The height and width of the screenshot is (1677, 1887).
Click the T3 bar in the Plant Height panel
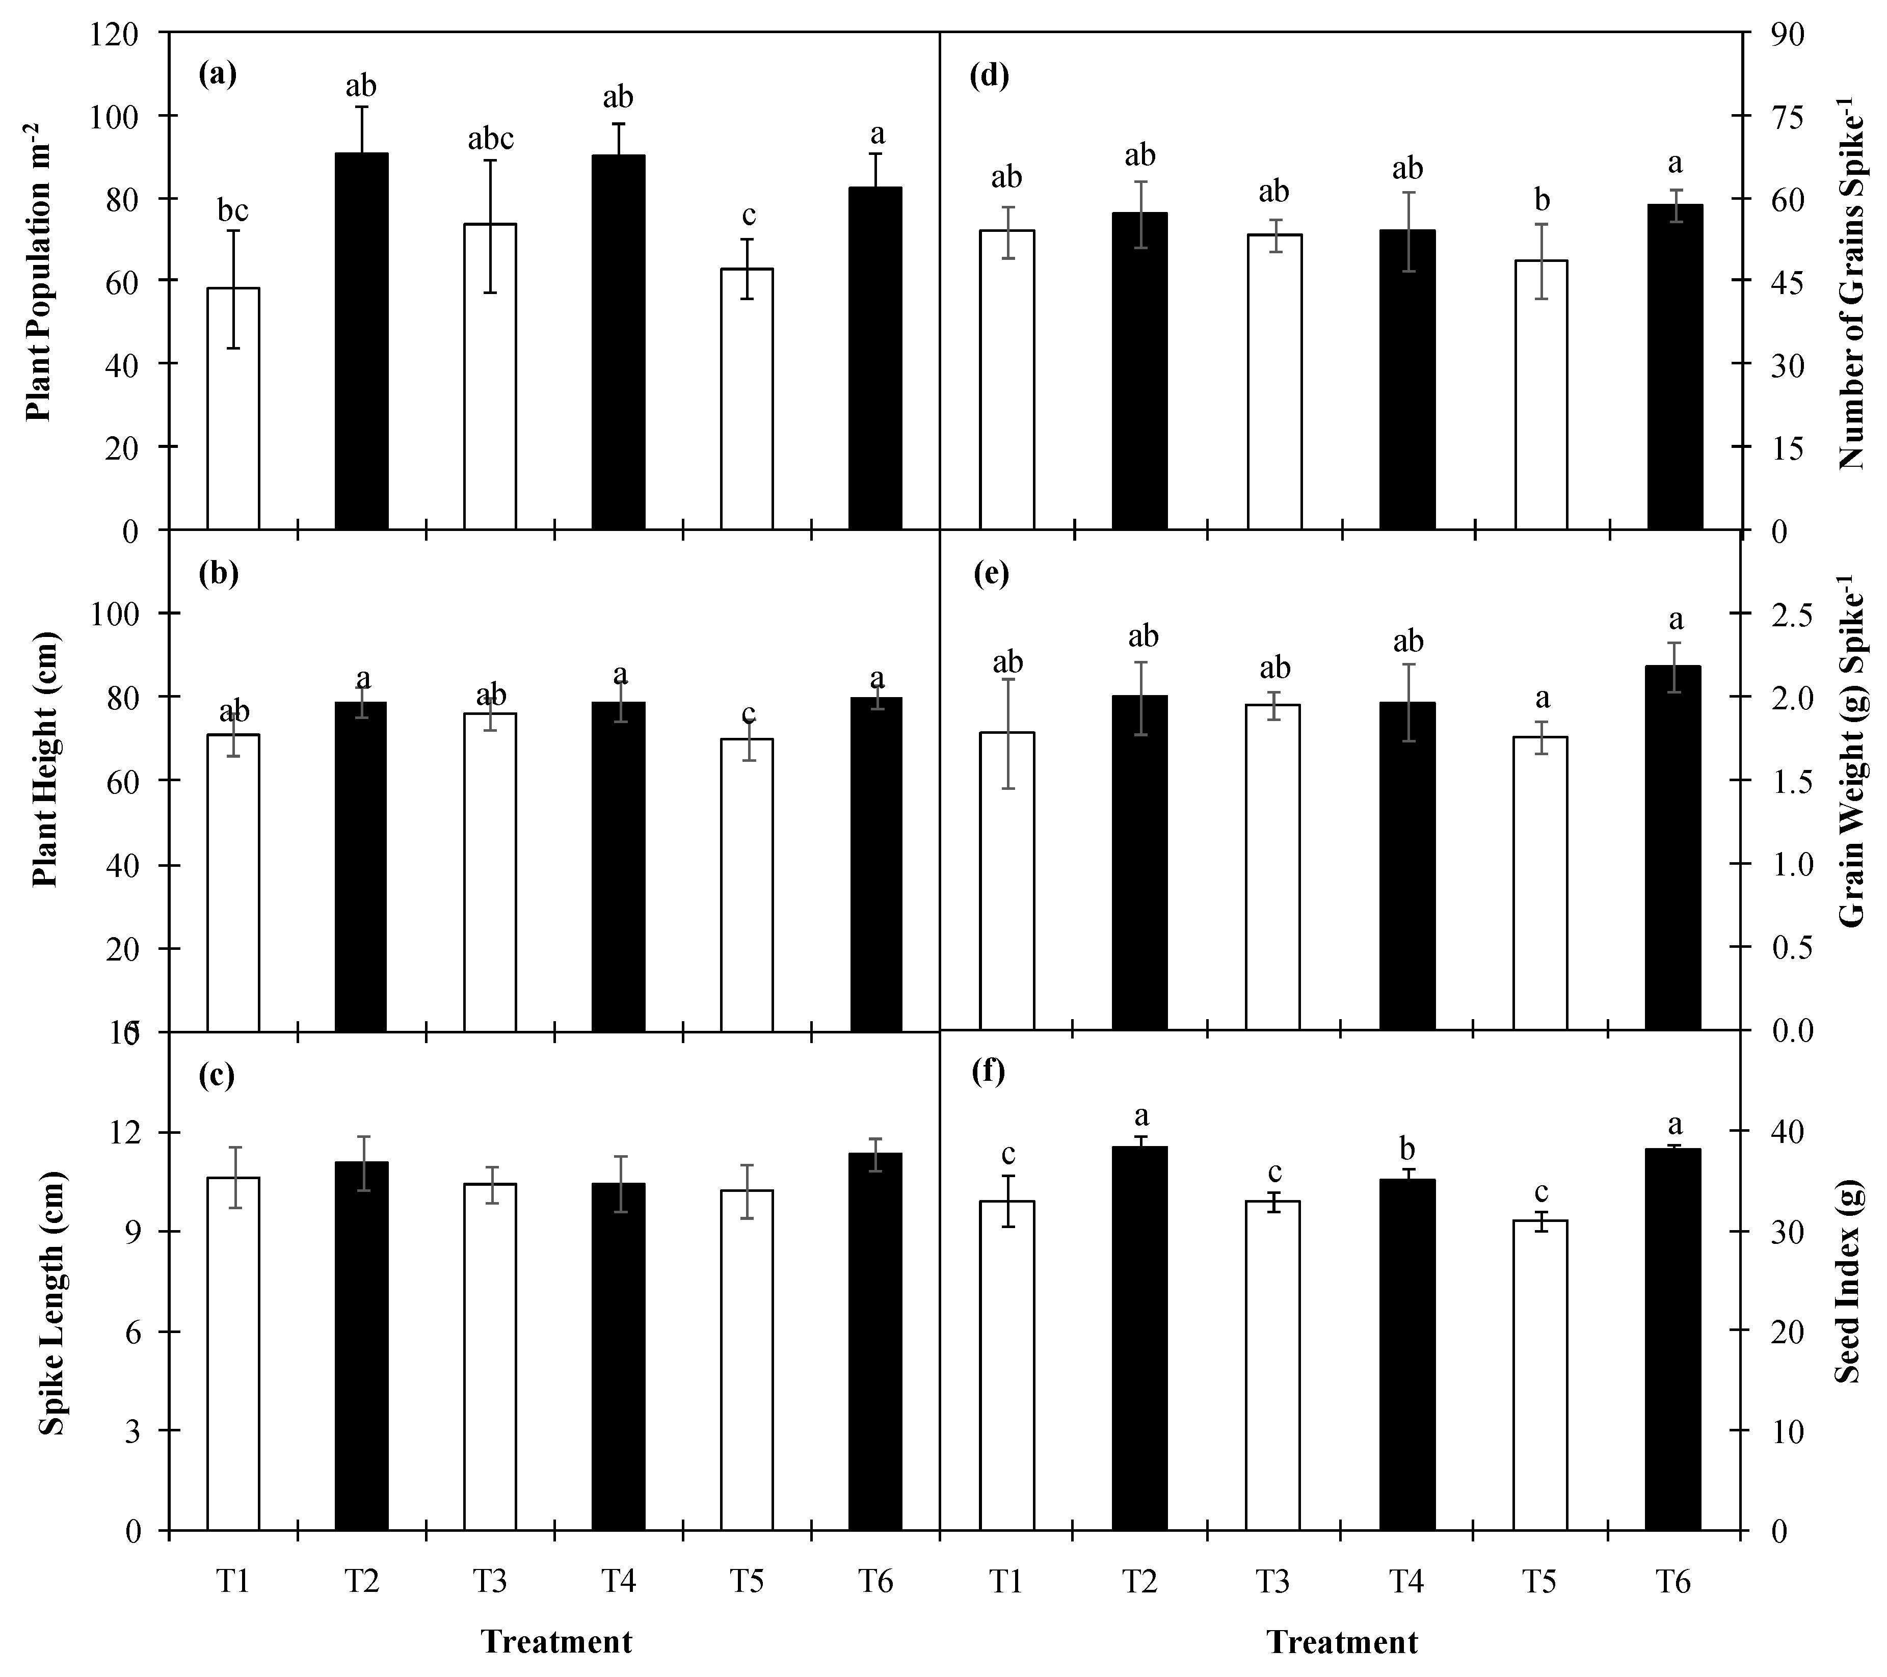tap(490, 872)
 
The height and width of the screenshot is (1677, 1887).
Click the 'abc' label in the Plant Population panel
tap(490, 139)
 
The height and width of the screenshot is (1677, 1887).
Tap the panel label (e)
tap(991, 574)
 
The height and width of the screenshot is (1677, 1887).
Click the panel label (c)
tap(219, 1074)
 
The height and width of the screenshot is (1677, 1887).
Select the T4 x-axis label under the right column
tap(1406, 1582)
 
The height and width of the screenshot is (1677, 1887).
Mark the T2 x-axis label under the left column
tap(362, 1582)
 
